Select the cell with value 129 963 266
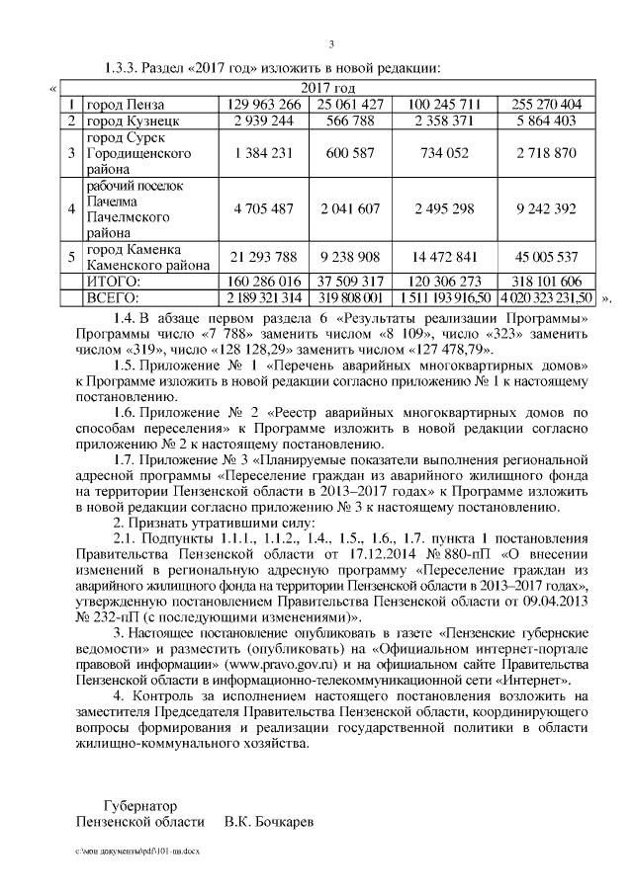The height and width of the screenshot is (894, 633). point(262,105)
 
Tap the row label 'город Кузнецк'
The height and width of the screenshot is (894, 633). point(125,121)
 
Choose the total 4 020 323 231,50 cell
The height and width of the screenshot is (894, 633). point(546,296)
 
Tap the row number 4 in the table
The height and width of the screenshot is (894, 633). point(71,209)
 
